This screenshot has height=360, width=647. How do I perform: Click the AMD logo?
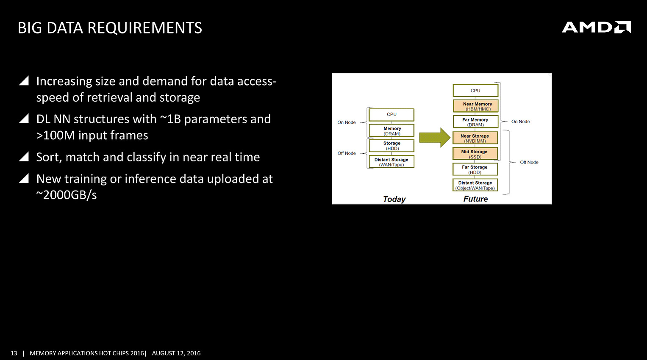click(596, 27)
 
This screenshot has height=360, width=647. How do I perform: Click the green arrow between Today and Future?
click(435, 137)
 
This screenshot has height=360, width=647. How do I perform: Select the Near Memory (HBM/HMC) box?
click(475, 106)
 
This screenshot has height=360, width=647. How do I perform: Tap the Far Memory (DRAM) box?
click(475, 122)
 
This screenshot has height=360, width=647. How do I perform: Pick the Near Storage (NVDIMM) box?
click(475, 138)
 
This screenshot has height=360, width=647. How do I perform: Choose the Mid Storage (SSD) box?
click(475, 154)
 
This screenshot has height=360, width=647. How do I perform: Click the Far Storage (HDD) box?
click(475, 169)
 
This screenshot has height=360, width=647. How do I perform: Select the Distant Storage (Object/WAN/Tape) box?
click(475, 185)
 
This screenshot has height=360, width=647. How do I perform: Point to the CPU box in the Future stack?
click(475, 90)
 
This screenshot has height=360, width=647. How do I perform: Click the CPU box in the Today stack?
click(392, 115)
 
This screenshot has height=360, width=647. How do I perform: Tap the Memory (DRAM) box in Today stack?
click(392, 130)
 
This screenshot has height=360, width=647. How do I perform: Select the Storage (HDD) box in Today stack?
click(392, 146)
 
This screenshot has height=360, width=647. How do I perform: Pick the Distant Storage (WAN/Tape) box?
click(392, 162)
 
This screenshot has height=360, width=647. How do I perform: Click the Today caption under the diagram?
click(394, 199)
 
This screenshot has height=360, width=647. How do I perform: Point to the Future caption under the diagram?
click(475, 199)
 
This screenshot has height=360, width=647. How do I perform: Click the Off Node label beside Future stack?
click(529, 162)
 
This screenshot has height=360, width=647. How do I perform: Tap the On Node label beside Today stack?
click(346, 122)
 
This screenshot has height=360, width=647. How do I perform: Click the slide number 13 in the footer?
click(14, 353)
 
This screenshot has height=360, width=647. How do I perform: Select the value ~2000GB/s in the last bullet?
click(67, 195)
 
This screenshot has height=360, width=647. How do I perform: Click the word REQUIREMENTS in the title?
click(145, 28)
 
